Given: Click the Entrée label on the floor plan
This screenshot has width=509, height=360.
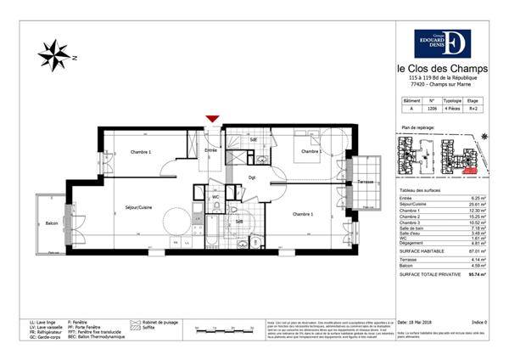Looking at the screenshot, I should point(211,150).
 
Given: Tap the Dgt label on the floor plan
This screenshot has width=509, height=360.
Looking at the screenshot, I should point(252,177).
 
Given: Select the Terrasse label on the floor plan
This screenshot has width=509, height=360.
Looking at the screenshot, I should point(366,183).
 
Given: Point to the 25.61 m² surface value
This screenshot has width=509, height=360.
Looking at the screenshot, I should point(476,205).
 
